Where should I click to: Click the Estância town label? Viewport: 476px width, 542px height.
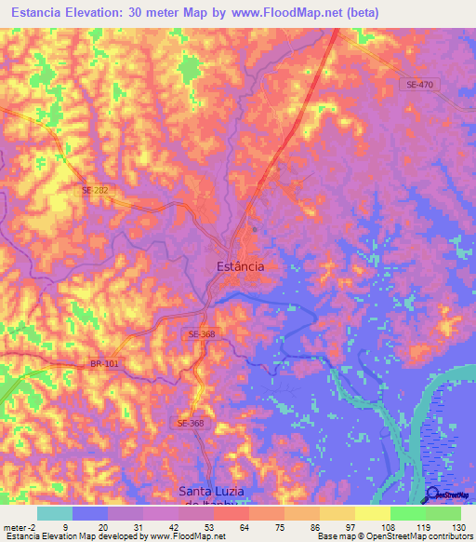(240, 266)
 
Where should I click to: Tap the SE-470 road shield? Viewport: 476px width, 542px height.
(420, 85)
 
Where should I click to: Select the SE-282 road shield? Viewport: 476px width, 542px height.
(95, 190)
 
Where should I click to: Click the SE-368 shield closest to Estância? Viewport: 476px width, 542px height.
(201, 334)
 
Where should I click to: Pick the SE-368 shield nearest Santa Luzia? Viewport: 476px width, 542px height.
(190, 423)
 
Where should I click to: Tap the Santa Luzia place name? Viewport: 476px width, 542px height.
(219, 491)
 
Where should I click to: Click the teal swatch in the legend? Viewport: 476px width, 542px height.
(54, 513)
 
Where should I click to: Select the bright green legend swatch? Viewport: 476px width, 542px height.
(407, 513)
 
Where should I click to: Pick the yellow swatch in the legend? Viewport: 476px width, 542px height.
(372, 513)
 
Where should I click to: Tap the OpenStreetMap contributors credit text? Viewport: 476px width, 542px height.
(417, 536)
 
